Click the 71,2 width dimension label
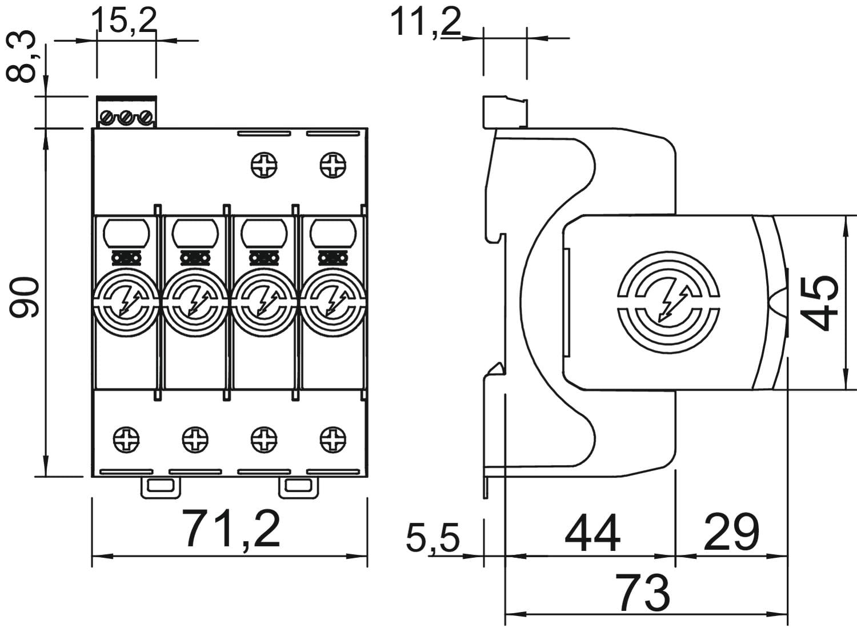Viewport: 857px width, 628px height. click(x=231, y=529)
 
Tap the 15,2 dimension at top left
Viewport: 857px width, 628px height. click(x=124, y=21)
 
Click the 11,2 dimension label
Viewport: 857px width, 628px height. click(x=425, y=22)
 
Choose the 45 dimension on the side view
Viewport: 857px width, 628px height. click(x=819, y=303)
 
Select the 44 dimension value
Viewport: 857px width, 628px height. click(x=592, y=533)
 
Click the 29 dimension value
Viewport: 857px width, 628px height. click(x=731, y=531)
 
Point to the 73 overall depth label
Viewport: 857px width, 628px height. click(x=643, y=593)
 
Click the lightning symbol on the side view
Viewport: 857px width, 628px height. click(x=669, y=301)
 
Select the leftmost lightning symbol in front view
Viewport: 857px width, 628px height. click(x=127, y=302)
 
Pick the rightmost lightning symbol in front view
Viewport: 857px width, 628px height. click(x=333, y=302)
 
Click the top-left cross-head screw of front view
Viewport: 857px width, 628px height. click(x=263, y=166)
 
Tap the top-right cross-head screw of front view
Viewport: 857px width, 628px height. click(x=333, y=166)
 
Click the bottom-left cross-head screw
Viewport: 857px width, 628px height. click(x=126, y=439)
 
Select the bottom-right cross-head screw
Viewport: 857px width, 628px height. click(x=333, y=439)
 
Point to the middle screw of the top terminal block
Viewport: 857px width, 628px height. click(x=126, y=118)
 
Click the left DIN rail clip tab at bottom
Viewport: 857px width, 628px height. click(x=161, y=486)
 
